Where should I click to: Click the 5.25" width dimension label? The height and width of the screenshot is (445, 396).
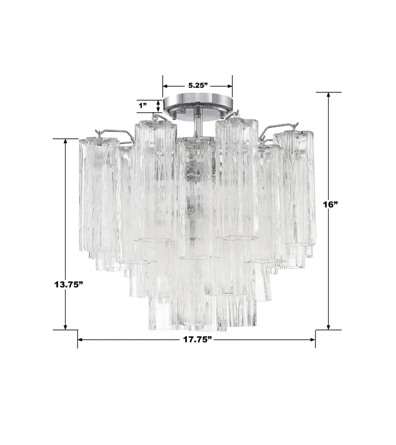coord(198,86)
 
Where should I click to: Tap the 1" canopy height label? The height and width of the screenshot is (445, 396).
coord(143,106)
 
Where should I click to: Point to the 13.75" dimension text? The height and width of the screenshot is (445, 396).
coord(69,284)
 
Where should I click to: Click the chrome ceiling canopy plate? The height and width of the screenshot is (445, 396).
coord(198,102)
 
